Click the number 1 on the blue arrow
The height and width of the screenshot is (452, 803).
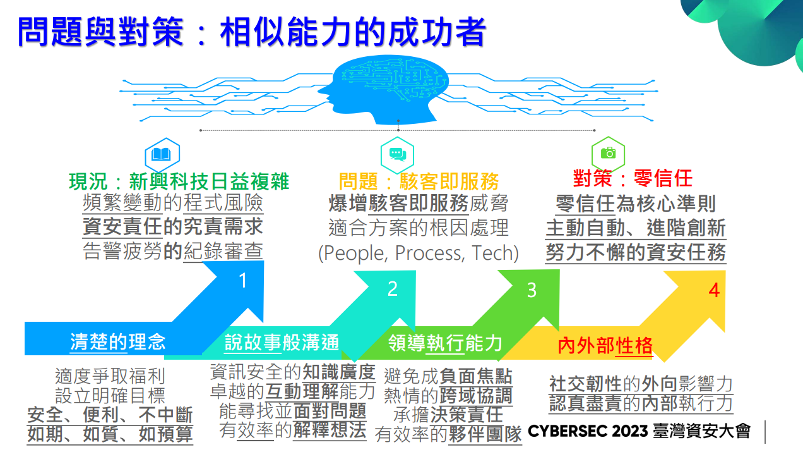pyautogui.click(x=243, y=281)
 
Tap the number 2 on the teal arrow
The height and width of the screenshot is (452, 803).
pyautogui.click(x=393, y=289)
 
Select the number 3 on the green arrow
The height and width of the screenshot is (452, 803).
pyautogui.click(x=532, y=290)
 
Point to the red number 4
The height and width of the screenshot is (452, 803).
pyautogui.click(x=714, y=290)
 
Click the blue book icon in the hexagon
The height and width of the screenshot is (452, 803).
pyautogui.click(x=162, y=154)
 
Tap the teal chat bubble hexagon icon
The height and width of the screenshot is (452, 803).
pyautogui.click(x=396, y=153)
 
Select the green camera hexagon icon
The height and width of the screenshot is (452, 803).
pyautogui.click(x=607, y=153)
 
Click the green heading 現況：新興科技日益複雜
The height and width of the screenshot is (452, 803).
pyautogui.click(x=179, y=182)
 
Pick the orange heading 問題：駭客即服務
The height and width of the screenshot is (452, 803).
pyautogui.click(x=419, y=182)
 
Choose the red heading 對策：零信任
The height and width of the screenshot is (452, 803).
pyautogui.click(x=633, y=179)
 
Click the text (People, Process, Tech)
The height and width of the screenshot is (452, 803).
pyautogui.click(x=419, y=253)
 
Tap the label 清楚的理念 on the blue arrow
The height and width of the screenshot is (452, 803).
pyautogui.click(x=117, y=342)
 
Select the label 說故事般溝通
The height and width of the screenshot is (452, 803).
pyautogui.click(x=282, y=343)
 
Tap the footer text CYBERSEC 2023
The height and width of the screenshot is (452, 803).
pyautogui.click(x=588, y=432)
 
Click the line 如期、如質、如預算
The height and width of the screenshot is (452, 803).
pyautogui.click(x=110, y=435)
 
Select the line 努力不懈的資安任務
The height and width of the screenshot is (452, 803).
pyautogui.click(x=636, y=253)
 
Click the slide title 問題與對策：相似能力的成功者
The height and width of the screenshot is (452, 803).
pyautogui.click(x=251, y=32)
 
